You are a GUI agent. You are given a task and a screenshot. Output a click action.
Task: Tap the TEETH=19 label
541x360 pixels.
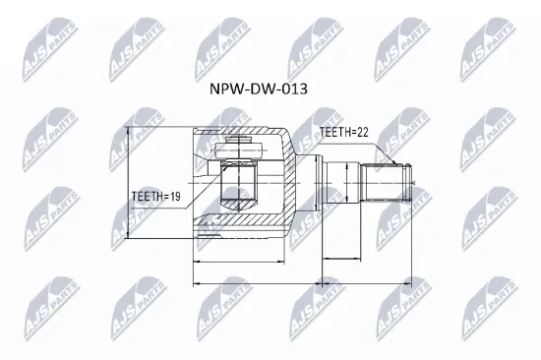[x=156, y=195]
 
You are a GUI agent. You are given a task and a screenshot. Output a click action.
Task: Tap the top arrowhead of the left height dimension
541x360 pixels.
[x=128, y=130]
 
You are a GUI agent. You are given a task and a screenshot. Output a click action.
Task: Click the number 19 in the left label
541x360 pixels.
[x=173, y=195]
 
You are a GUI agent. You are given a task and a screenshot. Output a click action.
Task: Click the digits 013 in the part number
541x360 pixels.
[x=293, y=88]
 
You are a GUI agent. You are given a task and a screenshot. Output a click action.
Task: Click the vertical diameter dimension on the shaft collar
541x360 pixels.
[x=351, y=183]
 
